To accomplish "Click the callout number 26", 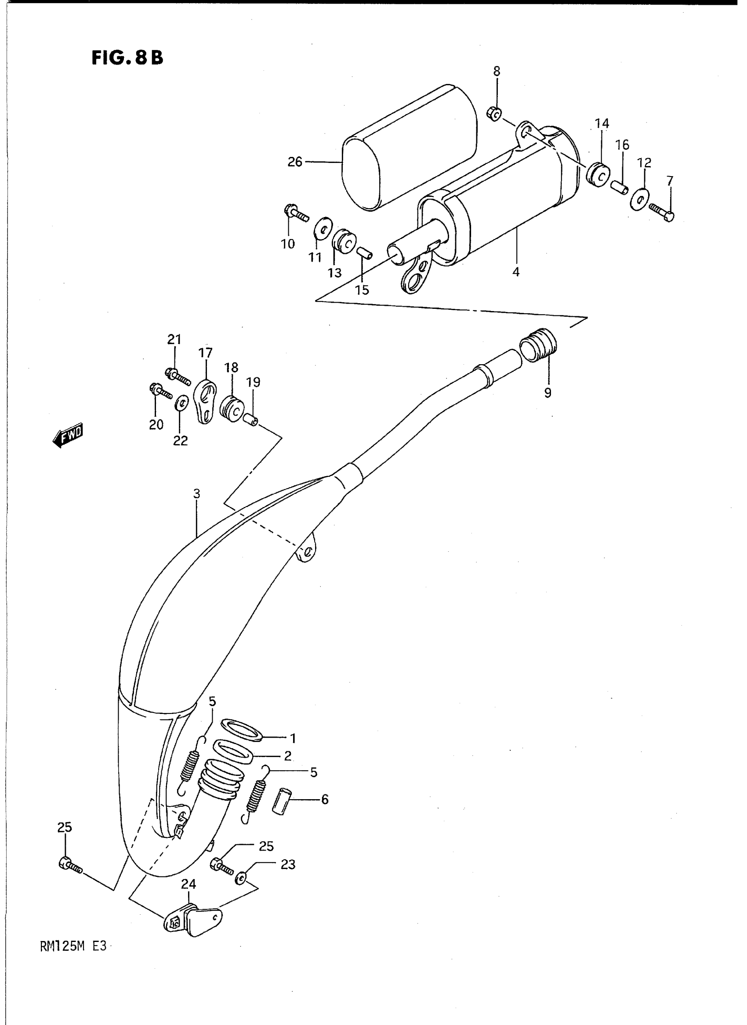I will click(x=295, y=162).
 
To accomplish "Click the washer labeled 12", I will click(x=639, y=198).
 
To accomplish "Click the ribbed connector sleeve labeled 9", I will click(x=539, y=345).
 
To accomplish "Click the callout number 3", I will click(x=196, y=494).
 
